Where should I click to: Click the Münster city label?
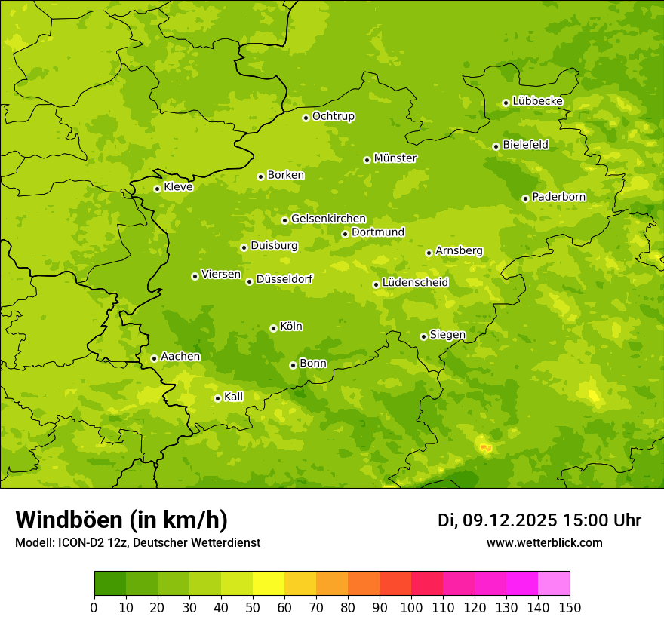(x=395, y=158)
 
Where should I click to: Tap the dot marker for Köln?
(x=273, y=328)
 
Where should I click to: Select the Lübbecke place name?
(x=537, y=101)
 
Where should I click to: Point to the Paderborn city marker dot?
(x=525, y=198)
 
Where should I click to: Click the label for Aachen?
(x=180, y=357)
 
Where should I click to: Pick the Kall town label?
(x=234, y=397)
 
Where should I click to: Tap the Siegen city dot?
(x=423, y=336)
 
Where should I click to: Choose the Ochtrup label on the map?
(x=334, y=116)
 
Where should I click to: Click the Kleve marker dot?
(x=157, y=189)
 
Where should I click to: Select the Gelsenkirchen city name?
(x=328, y=219)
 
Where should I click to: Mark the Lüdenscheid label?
(x=415, y=283)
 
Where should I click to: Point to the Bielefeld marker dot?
(x=496, y=146)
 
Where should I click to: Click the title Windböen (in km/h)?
(x=121, y=520)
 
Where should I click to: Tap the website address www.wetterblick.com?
(x=544, y=542)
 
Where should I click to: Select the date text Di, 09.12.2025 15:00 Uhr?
(x=539, y=520)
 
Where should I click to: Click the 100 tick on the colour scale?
(x=411, y=607)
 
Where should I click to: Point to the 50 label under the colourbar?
(x=253, y=607)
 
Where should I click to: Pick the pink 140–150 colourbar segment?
(x=554, y=583)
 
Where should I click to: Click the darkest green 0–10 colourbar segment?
(x=110, y=583)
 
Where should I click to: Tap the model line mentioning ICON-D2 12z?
(x=137, y=542)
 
